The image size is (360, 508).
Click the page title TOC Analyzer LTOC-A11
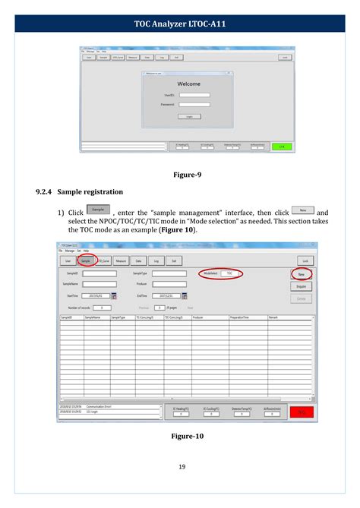[x=180, y=24]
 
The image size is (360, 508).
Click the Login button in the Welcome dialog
[x=189, y=116]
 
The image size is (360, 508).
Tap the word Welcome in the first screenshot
[x=189, y=84]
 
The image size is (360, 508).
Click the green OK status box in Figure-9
[x=281, y=146]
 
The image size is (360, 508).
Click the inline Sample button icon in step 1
[x=98, y=210]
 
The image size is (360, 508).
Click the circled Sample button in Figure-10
[x=85, y=260]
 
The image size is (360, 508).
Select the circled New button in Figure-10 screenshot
[x=302, y=274]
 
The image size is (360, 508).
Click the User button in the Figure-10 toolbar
[x=68, y=260]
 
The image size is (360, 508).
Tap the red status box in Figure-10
[x=302, y=412]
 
